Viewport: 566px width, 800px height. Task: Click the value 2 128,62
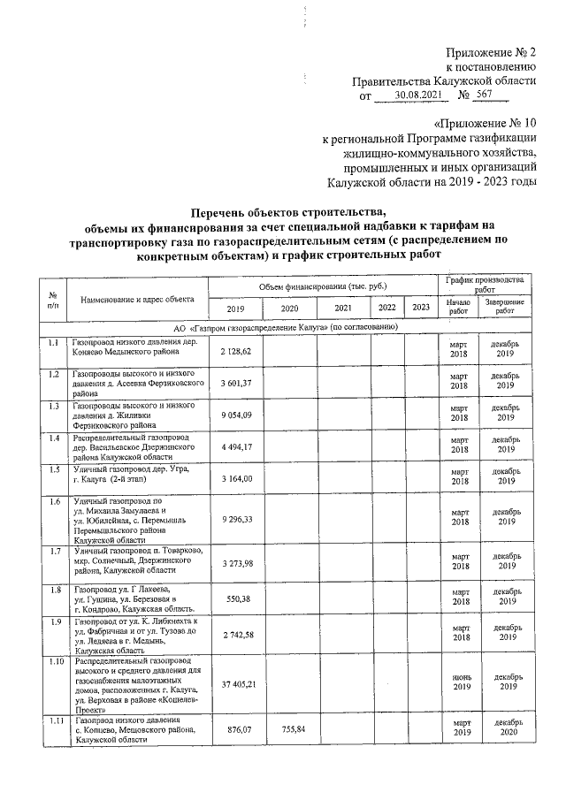coord(235,352)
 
